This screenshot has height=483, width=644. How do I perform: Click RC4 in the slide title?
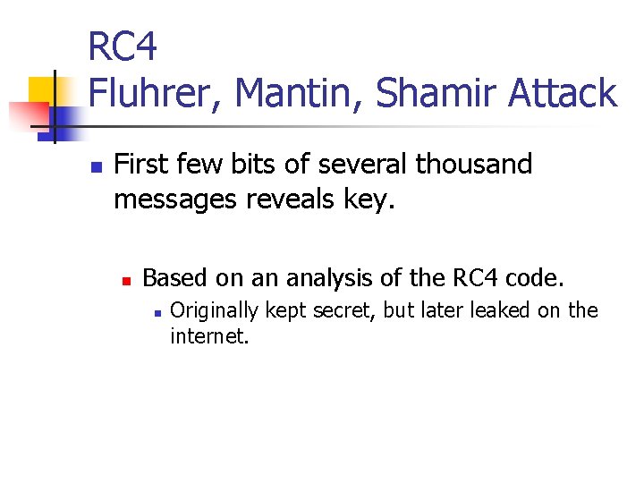pos(123,47)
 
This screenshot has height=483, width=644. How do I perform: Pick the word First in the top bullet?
pos(143,165)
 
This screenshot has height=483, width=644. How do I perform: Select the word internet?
pos(208,337)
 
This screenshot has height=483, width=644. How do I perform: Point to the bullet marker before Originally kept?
pos(157,313)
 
